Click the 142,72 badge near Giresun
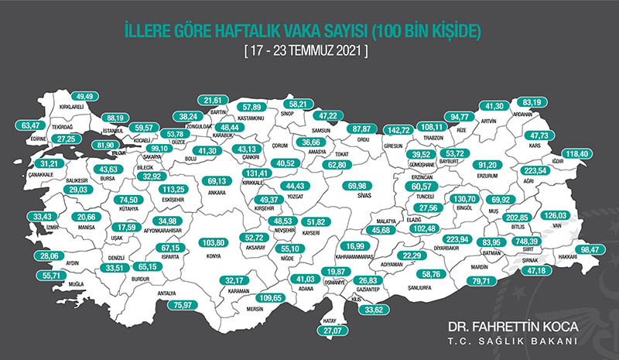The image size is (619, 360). coord(399,130)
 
